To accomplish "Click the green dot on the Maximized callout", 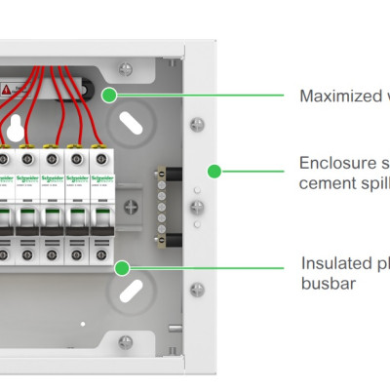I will [109, 95].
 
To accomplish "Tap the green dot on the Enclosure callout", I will [215, 171].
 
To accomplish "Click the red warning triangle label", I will [7, 89].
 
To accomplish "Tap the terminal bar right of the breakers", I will [162, 206].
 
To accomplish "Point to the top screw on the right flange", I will [198, 124].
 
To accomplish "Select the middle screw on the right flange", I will [198, 206].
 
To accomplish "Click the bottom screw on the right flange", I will [198, 288].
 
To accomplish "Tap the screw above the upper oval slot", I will [125, 68].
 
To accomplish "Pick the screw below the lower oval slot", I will [125, 341].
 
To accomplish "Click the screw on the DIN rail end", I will [134, 206].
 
